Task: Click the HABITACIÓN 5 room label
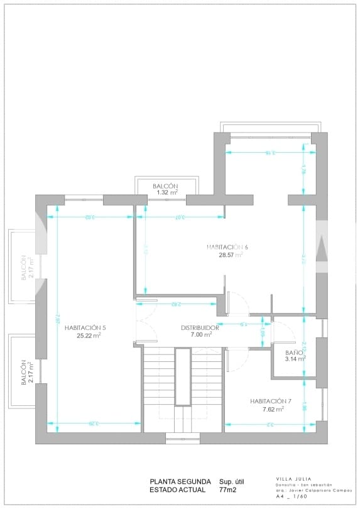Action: tap(85, 327)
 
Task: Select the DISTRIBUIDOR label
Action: tap(200, 327)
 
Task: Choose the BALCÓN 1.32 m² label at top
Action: tap(165, 187)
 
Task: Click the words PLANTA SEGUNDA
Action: tap(180, 482)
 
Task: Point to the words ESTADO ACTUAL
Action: tap(177, 490)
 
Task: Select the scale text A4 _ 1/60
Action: tap(292, 496)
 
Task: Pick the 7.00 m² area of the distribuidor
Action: tap(201, 335)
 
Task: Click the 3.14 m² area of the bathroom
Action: tap(294, 359)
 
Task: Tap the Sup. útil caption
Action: tap(231, 482)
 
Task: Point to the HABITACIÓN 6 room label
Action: tap(227, 247)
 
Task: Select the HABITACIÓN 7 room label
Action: tap(271, 401)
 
